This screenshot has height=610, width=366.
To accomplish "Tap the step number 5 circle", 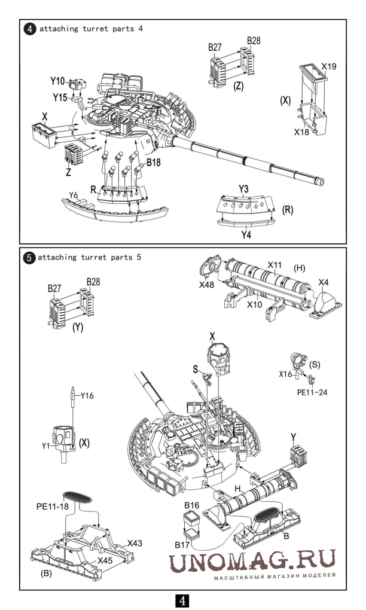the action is [x=29, y=258].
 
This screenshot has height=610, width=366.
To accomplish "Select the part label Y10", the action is [x=57, y=81].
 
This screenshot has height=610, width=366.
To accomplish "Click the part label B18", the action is [x=153, y=163].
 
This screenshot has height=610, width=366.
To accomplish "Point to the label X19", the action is [x=329, y=66].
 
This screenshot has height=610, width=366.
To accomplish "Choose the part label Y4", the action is [x=246, y=234].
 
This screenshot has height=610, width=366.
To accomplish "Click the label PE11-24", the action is [x=312, y=392].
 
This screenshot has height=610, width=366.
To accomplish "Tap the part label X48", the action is [x=206, y=285].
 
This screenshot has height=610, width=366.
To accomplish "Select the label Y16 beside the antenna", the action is [x=87, y=396].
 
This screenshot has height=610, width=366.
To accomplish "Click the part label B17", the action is [x=182, y=545].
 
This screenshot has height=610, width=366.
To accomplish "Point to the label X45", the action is [x=105, y=560].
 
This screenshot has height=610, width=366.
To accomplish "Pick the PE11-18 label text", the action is [x=52, y=507].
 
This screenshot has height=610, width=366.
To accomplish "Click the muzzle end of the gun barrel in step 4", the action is [x=321, y=181].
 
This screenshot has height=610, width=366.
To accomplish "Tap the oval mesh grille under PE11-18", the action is [x=77, y=496].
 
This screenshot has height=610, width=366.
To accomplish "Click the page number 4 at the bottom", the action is [x=182, y=601].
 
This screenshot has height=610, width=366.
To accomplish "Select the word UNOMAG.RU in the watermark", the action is [x=252, y=561].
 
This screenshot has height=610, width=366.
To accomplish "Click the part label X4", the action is [x=324, y=282].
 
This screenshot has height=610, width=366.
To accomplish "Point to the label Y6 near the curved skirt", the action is [x=74, y=195].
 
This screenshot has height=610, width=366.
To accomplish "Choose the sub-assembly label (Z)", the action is [x=239, y=86].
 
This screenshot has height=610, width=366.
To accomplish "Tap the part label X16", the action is [x=285, y=374].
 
